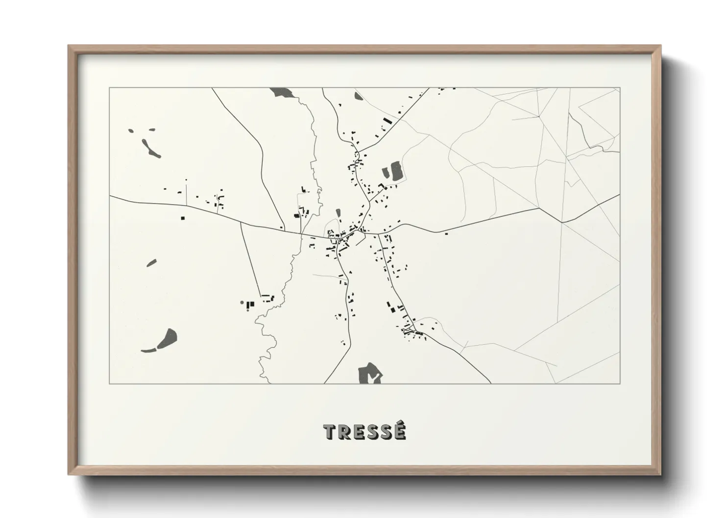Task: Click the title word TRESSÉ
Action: pos(365,432)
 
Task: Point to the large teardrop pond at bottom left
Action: pos(169,337)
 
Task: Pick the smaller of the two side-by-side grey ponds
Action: pos(385,172)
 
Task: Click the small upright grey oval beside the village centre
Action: pos(338,213)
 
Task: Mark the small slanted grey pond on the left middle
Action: pos(151,263)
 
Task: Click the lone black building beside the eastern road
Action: pos(446,234)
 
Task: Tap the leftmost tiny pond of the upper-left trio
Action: pos(131,131)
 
